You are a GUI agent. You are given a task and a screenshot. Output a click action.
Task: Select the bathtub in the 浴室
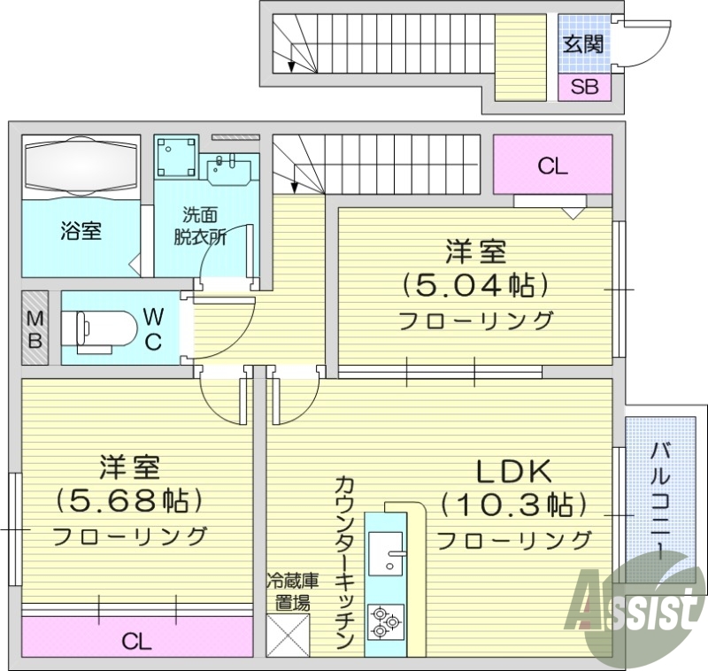[x=81, y=166]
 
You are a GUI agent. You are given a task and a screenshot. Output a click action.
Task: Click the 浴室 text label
[x=81, y=232]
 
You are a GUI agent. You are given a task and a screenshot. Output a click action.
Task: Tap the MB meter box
[x=34, y=328]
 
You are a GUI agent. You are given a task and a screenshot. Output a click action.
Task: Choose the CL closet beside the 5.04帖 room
[x=552, y=166]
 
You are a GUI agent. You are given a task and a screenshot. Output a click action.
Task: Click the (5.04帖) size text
[x=475, y=285]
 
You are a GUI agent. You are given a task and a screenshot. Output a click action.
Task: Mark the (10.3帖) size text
[x=513, y=505]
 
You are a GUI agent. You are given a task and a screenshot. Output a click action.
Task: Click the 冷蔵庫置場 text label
[x=289, y=593]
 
